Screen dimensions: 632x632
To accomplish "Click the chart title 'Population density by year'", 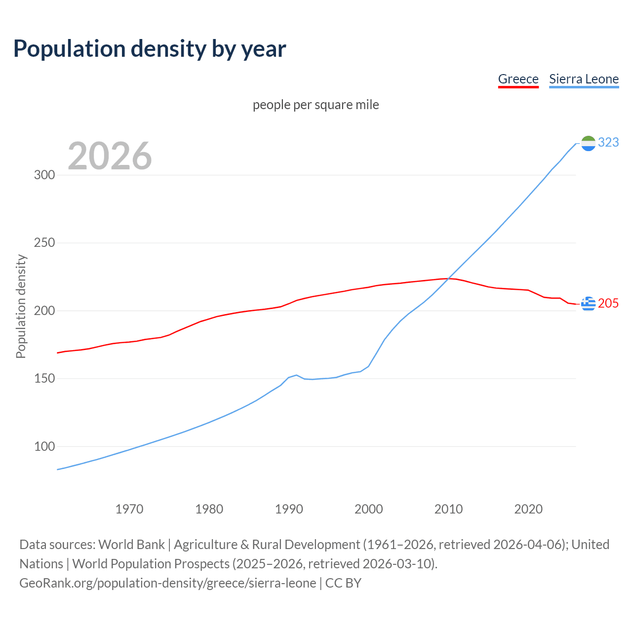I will tap(150, 49).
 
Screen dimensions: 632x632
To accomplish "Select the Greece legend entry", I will tap(518, 79).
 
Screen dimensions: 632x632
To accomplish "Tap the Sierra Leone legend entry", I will tap(584, 79).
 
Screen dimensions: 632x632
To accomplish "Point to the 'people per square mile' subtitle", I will tap(316, 105).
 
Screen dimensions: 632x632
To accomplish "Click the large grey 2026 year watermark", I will tap(110, 156).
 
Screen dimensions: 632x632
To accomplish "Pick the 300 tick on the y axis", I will tap(44, 175).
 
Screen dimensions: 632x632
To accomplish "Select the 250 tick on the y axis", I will tap(44, 243).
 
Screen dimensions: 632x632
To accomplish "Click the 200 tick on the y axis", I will tap(44, 311).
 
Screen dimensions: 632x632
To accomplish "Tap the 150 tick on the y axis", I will tap(44, 379).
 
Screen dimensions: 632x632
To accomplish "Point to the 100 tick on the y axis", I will tap(44, 447).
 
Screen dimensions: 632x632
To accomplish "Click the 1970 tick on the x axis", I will tap(129, 509).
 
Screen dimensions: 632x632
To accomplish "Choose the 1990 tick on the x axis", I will tap(289, 509).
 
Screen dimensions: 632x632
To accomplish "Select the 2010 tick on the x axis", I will tap(448, 509).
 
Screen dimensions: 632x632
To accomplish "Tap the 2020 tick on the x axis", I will tap(528, 509).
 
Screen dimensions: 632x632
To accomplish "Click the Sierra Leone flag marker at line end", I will tap(588, 143).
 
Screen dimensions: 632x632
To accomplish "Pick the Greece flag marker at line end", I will tap(588, 304).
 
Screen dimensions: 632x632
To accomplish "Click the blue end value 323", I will tap(608, 143).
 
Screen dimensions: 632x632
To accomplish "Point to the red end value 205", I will tap(608, 304).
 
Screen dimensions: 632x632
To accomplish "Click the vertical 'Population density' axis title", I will tap(21, 306).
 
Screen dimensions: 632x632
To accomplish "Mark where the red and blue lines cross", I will tap(449, 278).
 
